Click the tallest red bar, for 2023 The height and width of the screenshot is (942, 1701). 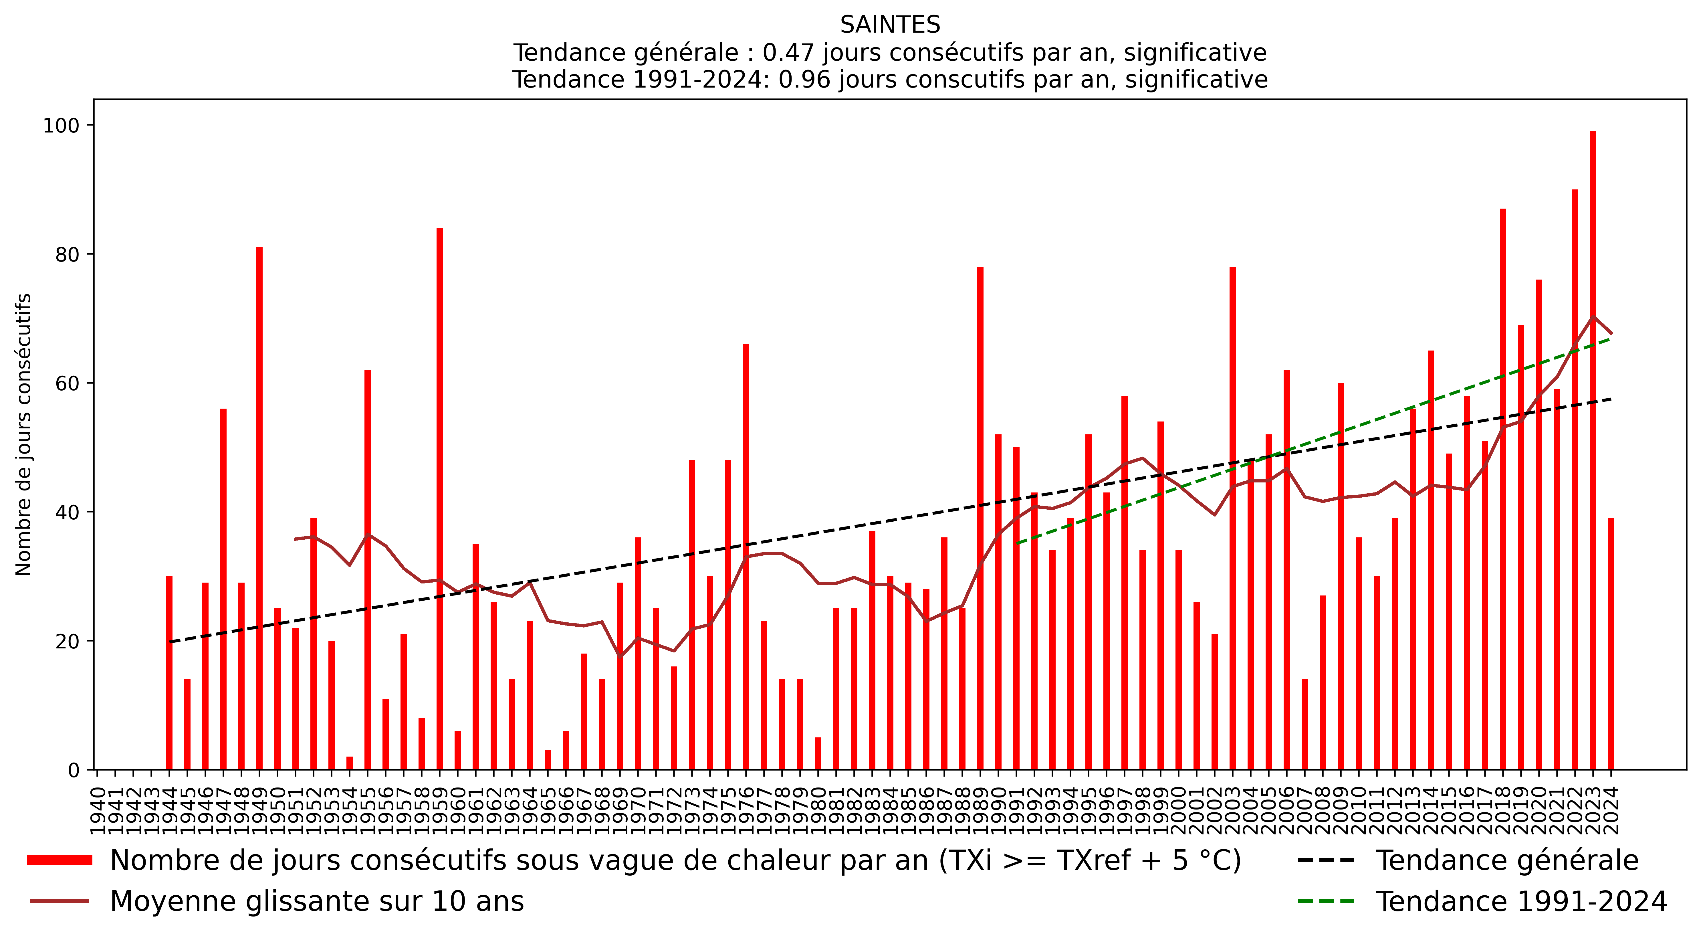tap(1593, 449)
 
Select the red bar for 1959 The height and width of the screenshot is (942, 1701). tap(440, 499)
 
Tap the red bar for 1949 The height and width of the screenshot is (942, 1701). tap(259, 509)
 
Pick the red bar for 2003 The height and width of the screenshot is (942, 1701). tap(1232, 519)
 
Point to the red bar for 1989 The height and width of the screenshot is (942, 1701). tap(980, 519)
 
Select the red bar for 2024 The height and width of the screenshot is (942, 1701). tap(1611, 644)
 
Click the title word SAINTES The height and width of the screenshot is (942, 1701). tap(889, 25)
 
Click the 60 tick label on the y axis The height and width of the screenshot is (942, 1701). tap(67, 383)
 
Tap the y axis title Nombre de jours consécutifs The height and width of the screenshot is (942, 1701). tap(24, 435)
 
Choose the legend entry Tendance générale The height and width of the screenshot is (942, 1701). tap(1507, 861)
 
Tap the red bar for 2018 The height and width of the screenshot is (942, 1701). tap(1503, 489)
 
